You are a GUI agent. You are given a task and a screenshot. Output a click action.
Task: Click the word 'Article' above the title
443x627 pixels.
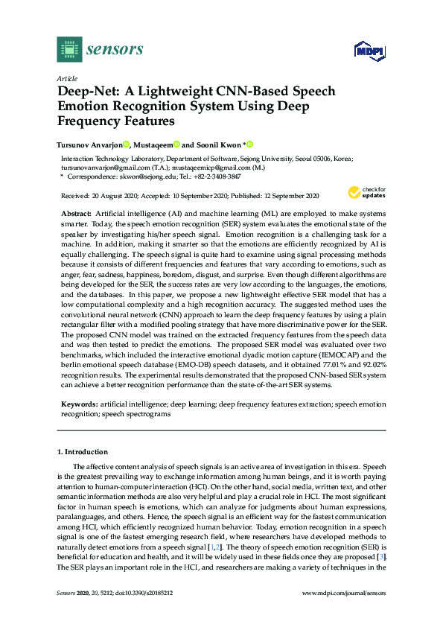pyautogui.click(x=68, y=78)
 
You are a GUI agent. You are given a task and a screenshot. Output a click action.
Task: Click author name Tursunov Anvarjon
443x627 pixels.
pyautogui.click(x=89, y=144)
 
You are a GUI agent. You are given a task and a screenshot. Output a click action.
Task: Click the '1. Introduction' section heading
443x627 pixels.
pyautogui.click(x=83, y=451)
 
